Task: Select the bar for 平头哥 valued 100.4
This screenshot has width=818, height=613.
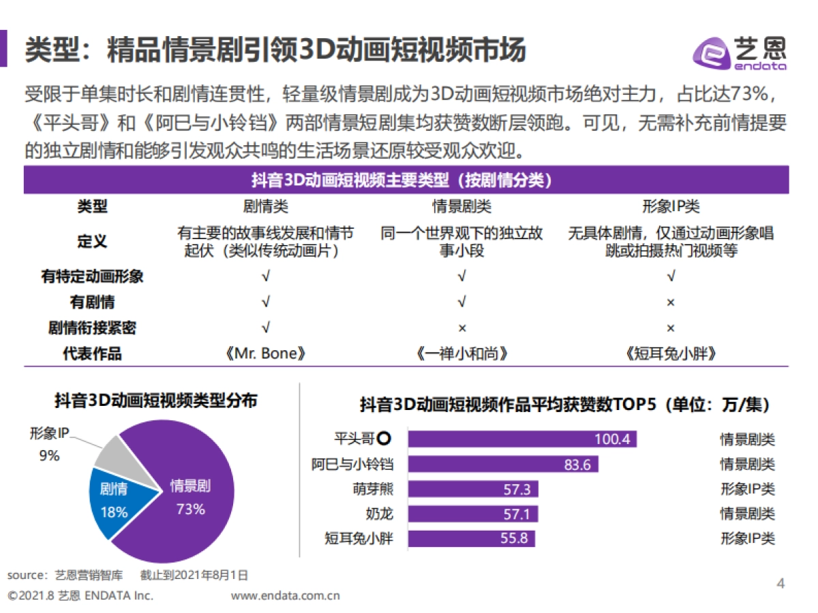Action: [x=521, y=439]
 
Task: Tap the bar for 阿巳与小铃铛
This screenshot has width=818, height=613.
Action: [x=503, y=465]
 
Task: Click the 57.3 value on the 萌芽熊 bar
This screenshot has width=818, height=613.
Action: [x=517, y=489]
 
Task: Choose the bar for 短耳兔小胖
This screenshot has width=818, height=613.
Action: [x=471, y=538]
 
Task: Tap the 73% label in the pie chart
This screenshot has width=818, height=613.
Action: [x=190, y=509]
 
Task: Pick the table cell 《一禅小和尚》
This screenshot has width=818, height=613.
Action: [x=461, y=354]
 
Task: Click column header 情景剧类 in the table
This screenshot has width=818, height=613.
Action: [x=461, y=206]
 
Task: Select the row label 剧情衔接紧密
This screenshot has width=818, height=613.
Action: [x=92, y=328]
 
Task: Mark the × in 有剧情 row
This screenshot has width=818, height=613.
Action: [x=671, y=302]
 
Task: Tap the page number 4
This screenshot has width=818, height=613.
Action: [x=781, y=583]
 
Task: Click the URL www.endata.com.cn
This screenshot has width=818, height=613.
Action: [x=286, y=596]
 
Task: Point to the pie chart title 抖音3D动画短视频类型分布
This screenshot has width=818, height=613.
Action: [x=156, y=401]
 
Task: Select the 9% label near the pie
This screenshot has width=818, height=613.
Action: [x=49, y=456]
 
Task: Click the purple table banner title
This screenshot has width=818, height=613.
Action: [x=406, y=180]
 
